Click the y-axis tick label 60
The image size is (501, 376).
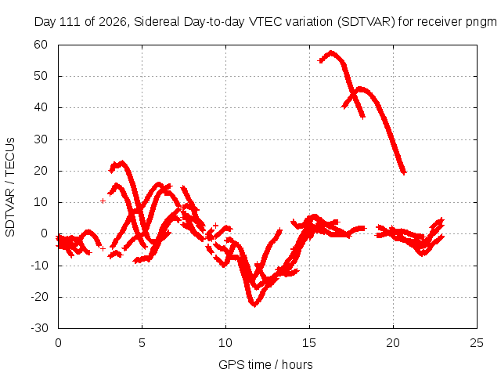point(41,45)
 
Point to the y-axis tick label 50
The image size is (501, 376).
point(41,76)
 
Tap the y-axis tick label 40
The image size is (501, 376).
point(41,107)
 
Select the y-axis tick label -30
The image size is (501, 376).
point(40,328)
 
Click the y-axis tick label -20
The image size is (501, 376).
point(40,297)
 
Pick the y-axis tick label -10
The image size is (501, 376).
point(40,266)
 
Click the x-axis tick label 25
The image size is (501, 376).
point(477,343)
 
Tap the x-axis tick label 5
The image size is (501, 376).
point(142,343)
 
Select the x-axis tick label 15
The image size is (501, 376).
point(309,343)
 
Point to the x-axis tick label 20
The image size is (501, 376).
point(393,343)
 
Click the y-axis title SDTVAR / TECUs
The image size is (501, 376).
point(10,187)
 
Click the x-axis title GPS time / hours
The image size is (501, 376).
point(265,365)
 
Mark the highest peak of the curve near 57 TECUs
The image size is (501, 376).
point(331,52)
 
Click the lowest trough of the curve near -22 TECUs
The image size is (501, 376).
point(254,305)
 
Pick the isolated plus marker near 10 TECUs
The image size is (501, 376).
point(103,201)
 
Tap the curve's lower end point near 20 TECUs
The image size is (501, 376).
point(404,172)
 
